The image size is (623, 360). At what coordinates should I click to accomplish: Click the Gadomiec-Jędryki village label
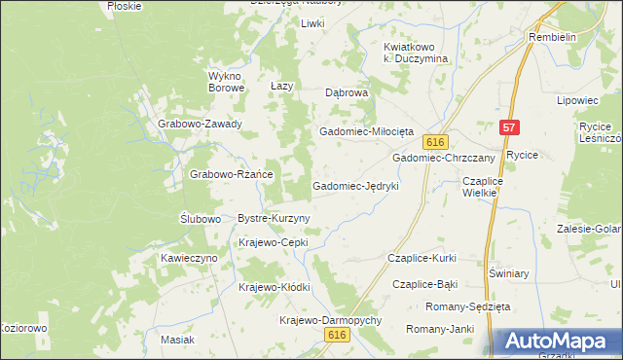click(x=355, y=185)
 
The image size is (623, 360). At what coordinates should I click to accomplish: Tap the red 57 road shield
click(x=509, y=127)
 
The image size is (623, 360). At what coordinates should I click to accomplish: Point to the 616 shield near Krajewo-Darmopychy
click(x=337, y=334)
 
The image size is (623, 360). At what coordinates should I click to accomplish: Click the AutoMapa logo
click(x=559, y=342)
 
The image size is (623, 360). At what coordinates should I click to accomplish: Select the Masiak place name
click(x=178, y=340)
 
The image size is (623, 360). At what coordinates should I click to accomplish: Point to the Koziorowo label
click(x=23, y=328)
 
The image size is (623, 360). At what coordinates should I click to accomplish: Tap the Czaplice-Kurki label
click(x=421, y=258)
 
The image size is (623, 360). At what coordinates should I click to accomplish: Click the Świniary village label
click(x=509, y=273)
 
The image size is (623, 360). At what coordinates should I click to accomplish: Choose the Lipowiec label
click(x=576, y=100)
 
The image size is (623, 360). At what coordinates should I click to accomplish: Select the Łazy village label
click(x=281, y=87)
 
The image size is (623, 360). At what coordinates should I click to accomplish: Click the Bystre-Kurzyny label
click(x=274, y=219)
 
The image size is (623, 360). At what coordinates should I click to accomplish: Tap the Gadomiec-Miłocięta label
click(x=367, y=131)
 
